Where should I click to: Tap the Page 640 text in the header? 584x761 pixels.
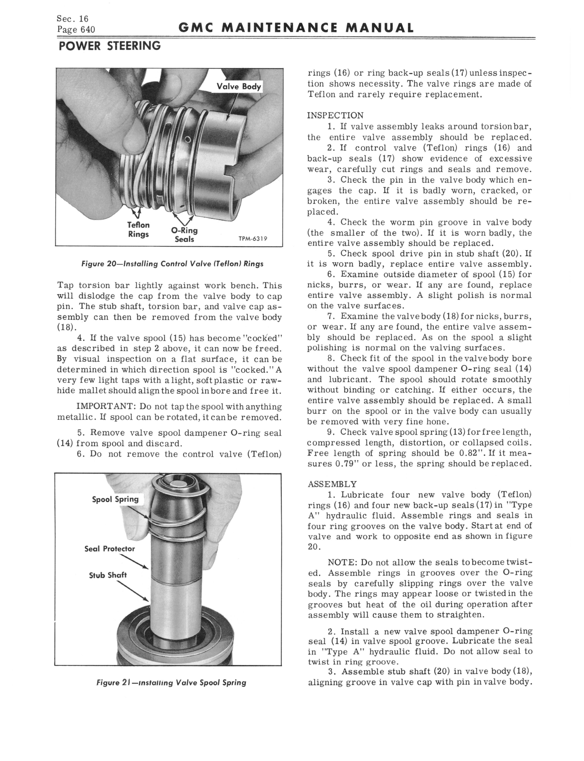coord(76,29)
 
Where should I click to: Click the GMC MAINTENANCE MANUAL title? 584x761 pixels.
coord(296,28)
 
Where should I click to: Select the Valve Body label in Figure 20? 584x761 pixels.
coord(239,86)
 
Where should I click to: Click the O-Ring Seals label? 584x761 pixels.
coord(184,235)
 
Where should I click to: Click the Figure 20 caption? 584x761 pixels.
coord(172,264)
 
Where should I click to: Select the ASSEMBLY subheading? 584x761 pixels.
coord(332,484)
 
